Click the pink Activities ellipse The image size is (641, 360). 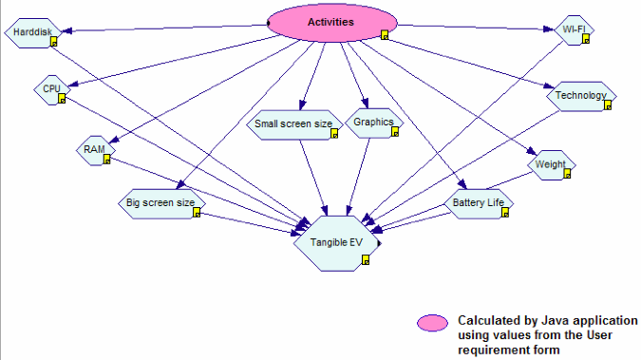click(331, 22)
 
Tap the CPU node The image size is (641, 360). click(50, 89)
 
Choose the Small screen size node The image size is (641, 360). click(293, 124)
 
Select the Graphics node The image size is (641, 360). click(372, 123)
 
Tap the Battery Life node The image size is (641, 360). click(480, 202)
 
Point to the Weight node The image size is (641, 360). click(551, 165)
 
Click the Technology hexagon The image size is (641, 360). click(580, 95)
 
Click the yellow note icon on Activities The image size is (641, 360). click(385, 35)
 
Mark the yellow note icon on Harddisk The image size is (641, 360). click(54, 43)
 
